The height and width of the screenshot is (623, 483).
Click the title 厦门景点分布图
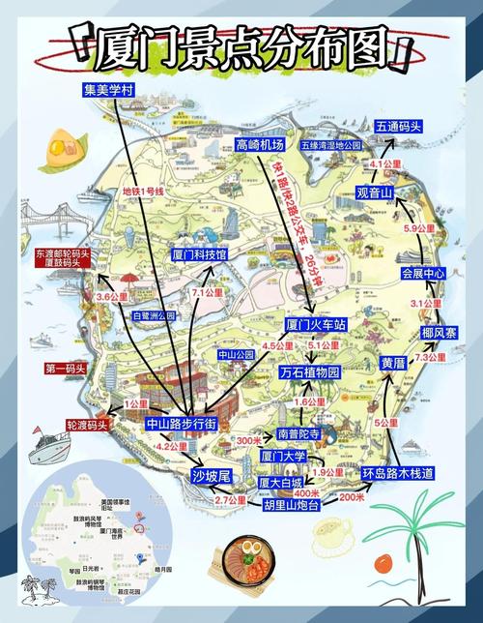pyautogui.click(x=241, y=45)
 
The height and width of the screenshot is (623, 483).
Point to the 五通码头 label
pyautogui.click(x=399, y=127)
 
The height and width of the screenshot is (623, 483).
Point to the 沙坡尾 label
pyautogui.click(x=211, y=475)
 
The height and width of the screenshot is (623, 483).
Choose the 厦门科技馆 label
pyautogui.click(x=199, y=254)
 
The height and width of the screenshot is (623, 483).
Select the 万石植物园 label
pyautogui.click(x=310, y=371)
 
